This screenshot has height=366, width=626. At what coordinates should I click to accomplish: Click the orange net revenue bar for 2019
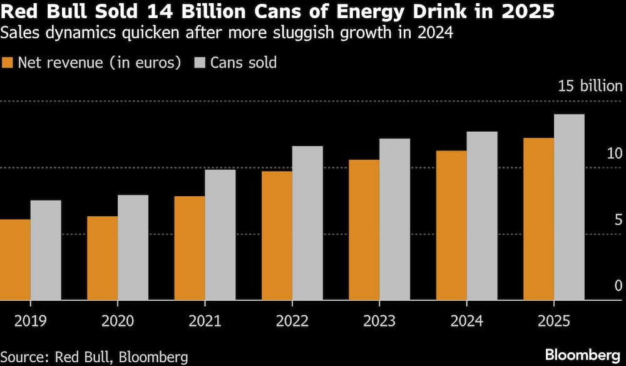(x=15, y=260)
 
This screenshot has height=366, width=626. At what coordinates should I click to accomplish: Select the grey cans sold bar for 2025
(x=569, y=207)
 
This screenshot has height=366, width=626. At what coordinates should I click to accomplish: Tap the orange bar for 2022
(x=277, y=236)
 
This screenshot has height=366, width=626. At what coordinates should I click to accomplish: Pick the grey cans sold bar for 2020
(x=133, y=248)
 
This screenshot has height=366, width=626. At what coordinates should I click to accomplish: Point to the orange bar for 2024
(x=451, y=226)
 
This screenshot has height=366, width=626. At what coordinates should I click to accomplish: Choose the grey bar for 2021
(x=220, y=235)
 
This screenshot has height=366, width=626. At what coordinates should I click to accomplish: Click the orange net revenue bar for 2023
(x=364, y=230)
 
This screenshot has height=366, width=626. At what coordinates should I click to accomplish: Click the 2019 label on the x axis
(x=29, y=321)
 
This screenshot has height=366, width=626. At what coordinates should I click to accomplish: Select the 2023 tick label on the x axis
(x=379, y=321)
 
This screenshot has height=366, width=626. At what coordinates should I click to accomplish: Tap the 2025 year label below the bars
(x=553, y=321)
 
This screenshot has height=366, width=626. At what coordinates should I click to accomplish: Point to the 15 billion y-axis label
(x=590, y=86)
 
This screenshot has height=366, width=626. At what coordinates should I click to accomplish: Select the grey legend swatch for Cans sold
(x=200, y=63)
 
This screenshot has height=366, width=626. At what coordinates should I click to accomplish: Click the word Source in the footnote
(x=23, y=357)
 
